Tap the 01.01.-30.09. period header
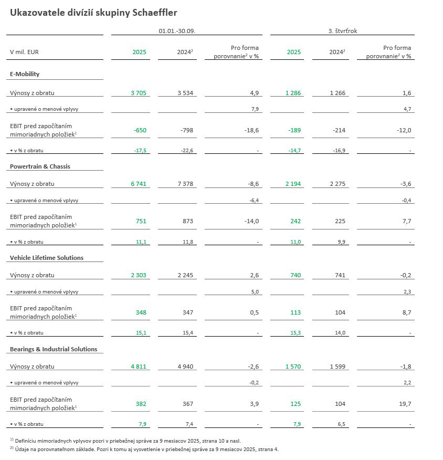click(177, 31)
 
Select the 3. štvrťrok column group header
click(342, 31)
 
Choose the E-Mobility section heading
click(25, 74)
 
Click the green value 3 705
click(139, 93)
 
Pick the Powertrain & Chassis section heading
click(40, 166)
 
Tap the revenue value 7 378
click(186, 184)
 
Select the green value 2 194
click(293, 184)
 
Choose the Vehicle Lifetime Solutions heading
click(47, 258)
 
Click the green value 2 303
click(139, 275)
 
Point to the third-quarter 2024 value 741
click(338, 275)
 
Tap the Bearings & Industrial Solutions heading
click(54, 349)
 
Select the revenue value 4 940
click(186, 367)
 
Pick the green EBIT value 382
click(141, 404)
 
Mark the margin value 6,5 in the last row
click(341, 423)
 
